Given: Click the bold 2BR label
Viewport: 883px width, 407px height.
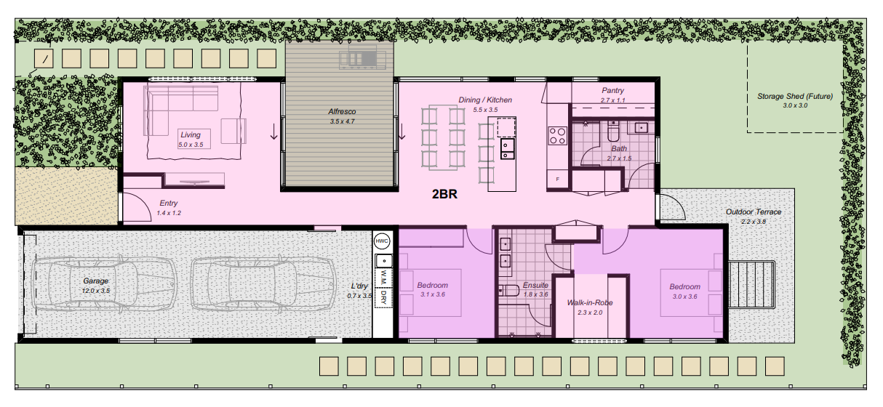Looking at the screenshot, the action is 444,194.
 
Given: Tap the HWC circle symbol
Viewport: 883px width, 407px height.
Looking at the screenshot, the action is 382,241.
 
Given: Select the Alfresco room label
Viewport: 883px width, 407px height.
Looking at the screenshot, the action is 342,111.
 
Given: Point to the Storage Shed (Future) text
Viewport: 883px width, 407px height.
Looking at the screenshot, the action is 795,96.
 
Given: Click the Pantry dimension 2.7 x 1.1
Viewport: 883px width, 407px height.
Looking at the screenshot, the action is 613,100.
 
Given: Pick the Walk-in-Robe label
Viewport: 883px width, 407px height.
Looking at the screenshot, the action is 590,302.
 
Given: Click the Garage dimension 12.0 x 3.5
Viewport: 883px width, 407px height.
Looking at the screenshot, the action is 96,291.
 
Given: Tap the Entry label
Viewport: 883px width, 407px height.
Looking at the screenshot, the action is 168,203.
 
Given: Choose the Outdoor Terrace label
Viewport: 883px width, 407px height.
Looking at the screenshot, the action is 754,211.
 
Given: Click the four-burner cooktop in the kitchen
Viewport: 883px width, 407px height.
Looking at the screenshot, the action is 558,135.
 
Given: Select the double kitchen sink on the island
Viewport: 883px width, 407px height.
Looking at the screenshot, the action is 508,148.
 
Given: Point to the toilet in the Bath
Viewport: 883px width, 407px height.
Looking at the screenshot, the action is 613,132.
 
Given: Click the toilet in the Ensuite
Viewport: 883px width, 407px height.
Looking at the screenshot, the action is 509,291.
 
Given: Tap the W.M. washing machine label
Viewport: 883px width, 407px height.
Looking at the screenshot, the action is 384,278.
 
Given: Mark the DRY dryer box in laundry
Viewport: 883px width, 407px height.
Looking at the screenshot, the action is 384,298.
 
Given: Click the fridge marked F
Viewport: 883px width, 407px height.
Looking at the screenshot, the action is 557,180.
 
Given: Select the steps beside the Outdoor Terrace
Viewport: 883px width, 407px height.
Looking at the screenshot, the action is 751,284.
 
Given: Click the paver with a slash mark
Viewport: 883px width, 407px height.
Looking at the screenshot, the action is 44,59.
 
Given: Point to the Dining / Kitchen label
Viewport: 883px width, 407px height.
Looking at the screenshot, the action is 485,100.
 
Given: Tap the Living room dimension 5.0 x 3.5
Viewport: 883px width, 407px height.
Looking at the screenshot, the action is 191,145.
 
